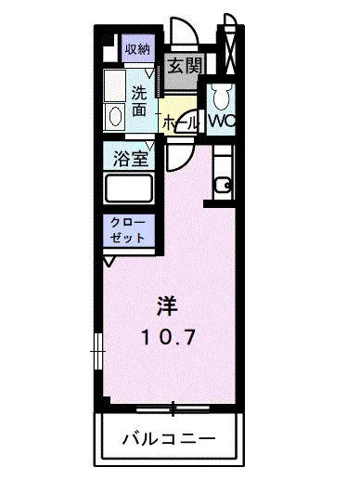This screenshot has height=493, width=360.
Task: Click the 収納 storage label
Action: coord(136,49)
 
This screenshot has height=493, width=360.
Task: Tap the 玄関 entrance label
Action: coord(184,67)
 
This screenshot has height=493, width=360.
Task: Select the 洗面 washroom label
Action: coord(137,100)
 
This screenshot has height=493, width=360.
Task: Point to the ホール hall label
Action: coord(180,122)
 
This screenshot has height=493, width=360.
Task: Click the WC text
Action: coord(221,122)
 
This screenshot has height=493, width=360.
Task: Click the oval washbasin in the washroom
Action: coord(115,115)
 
